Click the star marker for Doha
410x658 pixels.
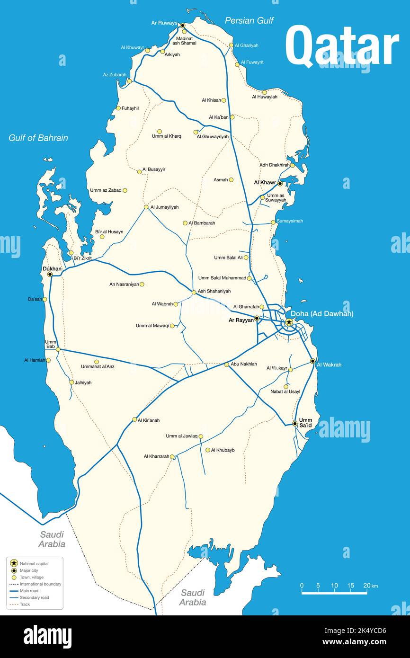click(289, 322)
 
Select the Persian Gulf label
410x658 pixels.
click(249, 20)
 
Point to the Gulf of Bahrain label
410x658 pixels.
click(38, 138)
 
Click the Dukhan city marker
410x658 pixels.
click(50, 274)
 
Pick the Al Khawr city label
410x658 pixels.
click(265, 183)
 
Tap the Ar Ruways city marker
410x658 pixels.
click(182, 26)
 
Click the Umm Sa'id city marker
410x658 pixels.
click(294, 424)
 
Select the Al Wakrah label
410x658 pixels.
click(329, 365)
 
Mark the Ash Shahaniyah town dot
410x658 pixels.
click(194, 293)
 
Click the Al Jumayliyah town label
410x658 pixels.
click(164, 207)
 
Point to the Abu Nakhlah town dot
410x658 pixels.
click(227, 365)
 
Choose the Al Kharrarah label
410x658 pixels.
click(156, 456)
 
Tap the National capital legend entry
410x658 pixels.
click(34, 564)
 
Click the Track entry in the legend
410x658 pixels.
click(25, 604)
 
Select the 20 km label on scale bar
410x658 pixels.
click(367, 586)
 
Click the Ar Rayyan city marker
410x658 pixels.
click(257, 318)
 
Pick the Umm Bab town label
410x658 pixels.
click(51, 344)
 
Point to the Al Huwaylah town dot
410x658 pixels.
click(264, 92)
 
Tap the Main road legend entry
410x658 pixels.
click(29, 591)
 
